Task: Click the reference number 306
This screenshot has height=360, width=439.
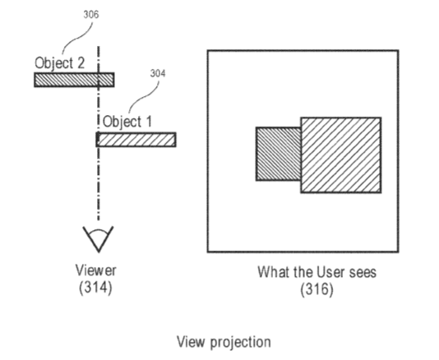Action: (91, 15)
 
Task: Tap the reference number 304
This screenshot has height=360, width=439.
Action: (158, 73)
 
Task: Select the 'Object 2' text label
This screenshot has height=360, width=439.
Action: (59, 63)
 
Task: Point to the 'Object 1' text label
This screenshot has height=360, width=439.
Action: (127, 122)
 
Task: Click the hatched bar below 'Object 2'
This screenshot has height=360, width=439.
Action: (74, 80)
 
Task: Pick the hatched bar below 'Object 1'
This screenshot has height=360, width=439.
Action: (136, 140)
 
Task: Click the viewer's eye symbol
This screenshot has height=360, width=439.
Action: (98, 239)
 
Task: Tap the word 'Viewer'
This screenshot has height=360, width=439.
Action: (95, 270)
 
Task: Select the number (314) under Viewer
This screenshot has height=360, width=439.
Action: (95, 288)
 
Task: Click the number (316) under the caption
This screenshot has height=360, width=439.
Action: (317, 288)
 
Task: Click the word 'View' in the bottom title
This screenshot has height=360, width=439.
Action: (192, 342)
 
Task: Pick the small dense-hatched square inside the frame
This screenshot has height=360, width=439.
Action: (279, 154)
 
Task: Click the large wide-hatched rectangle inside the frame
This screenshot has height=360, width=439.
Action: (341, 155)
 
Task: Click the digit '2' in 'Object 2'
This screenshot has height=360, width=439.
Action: (80, 62)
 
